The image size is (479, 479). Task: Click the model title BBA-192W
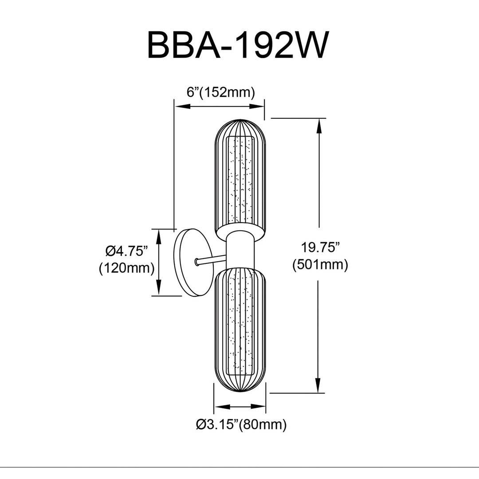238,45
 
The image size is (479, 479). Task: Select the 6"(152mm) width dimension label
220,92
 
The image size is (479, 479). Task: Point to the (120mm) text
126,268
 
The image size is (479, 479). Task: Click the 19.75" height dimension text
320,247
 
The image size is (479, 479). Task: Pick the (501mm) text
320,265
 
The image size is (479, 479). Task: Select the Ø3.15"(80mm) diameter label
241,424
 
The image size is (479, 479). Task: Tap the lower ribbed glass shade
240,330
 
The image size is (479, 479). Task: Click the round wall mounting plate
191,262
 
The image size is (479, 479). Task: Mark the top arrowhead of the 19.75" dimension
319,125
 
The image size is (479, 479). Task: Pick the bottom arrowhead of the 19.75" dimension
319,385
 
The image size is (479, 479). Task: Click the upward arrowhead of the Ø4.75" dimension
159,237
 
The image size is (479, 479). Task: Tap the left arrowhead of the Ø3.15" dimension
222,407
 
